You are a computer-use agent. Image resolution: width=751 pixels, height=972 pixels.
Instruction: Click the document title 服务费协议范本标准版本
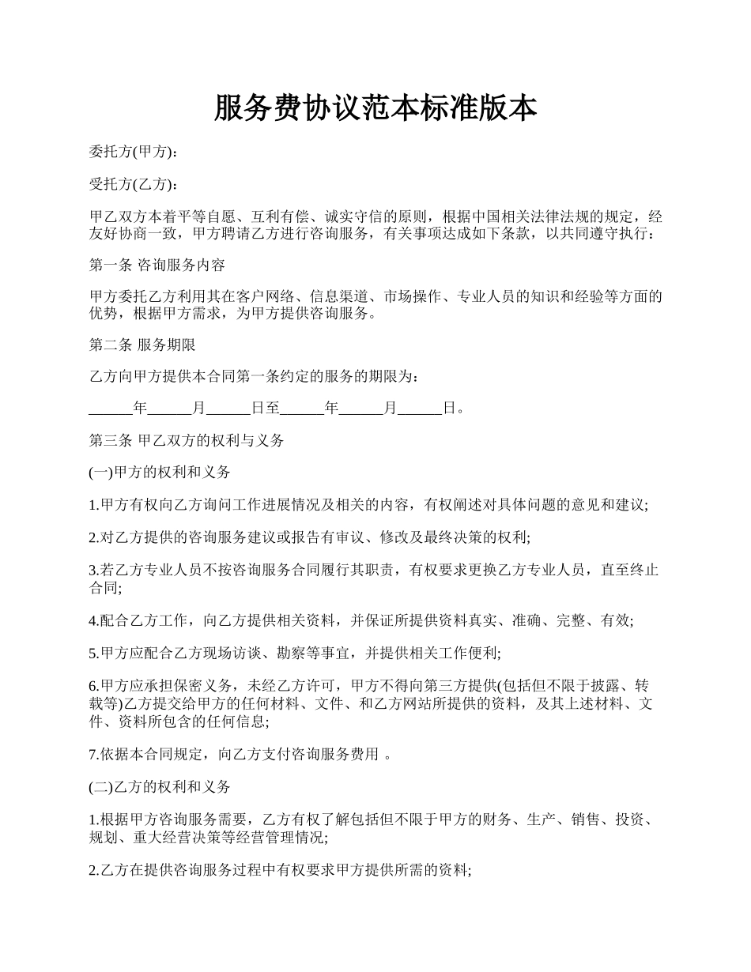click(x=375, y=108)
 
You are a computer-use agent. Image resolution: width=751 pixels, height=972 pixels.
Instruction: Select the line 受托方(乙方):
click(x=133, y=185)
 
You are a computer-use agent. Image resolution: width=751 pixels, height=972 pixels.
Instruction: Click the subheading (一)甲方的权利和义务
click(x=160, y=473)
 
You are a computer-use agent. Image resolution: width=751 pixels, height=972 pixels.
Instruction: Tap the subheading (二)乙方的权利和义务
click(x=160, y=787)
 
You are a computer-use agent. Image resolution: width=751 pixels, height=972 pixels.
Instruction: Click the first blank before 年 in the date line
click(x=110, y=409)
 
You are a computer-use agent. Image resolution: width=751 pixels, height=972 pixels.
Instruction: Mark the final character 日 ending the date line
click(x=449, y=409)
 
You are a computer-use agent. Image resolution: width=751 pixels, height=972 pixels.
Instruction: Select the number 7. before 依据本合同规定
click(x=93, y=755)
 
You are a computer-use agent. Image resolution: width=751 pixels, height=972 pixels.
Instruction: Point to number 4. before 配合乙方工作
click(x=93, y=621)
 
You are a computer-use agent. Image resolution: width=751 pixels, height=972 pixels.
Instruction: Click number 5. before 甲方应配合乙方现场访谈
click(x=93, y=654)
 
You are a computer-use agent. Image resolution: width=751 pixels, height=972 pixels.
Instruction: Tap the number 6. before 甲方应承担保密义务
click(x=93, y=685)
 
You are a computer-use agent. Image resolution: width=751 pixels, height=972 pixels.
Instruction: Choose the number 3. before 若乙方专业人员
click(x=93, y=568)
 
